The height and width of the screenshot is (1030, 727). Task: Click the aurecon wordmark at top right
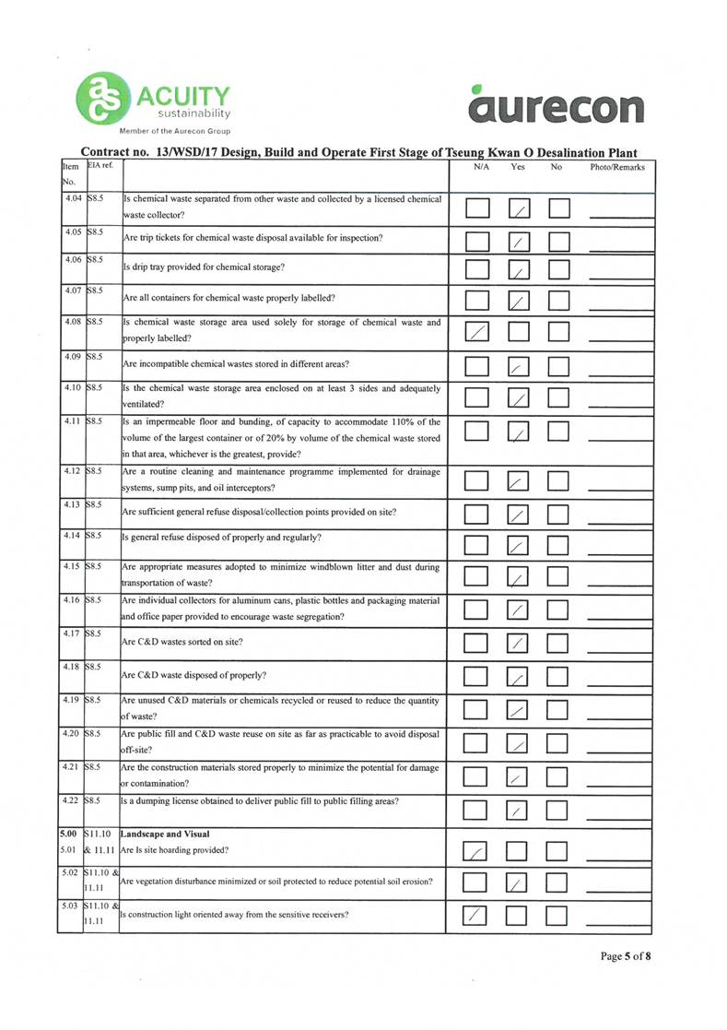(555, 107)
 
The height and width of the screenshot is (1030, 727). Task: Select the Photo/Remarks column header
(617, 168)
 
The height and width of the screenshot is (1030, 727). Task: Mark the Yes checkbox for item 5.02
(521, 883)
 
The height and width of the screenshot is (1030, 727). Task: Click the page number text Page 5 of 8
(626, 956)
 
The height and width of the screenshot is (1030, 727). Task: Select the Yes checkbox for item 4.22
(521, 810)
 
